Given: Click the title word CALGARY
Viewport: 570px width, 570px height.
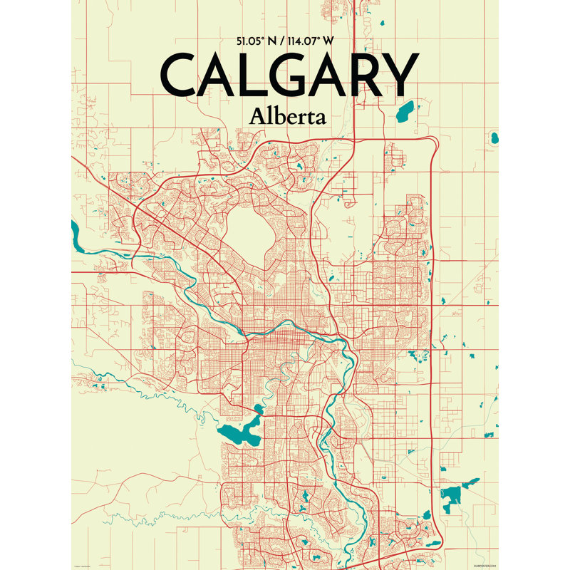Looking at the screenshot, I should coord(289,76).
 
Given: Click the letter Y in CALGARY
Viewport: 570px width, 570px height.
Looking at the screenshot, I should coord(399,76).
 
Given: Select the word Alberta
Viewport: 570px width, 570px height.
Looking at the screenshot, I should coord(288,115).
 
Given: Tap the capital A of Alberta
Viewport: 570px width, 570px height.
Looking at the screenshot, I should coord(257,115).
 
